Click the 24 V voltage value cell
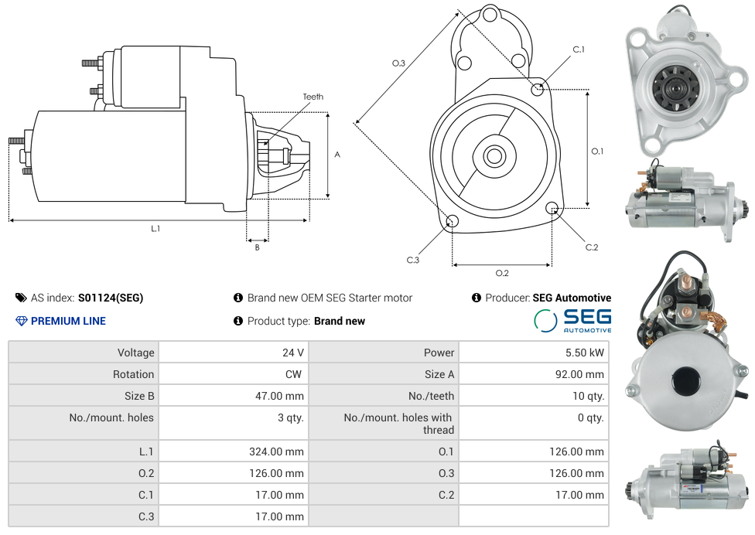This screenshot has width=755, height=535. click(292, 353)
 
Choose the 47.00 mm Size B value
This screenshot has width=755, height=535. click(278, 396)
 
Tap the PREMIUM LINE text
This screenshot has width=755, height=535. click(68, 321)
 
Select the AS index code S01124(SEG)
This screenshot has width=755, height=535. click(111, 298)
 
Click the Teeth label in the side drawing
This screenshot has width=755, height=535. click(313, 97)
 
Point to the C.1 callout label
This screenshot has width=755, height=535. click(579, 49)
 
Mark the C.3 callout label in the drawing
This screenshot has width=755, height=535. click(412, 261)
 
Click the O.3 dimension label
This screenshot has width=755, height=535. click(398, 63)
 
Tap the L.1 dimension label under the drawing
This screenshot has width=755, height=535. click(155, 228)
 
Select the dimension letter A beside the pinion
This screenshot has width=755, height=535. click(337, 155)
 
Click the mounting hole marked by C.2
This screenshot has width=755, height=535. click(552, 208)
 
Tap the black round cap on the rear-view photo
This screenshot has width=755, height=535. click(686, 380)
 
